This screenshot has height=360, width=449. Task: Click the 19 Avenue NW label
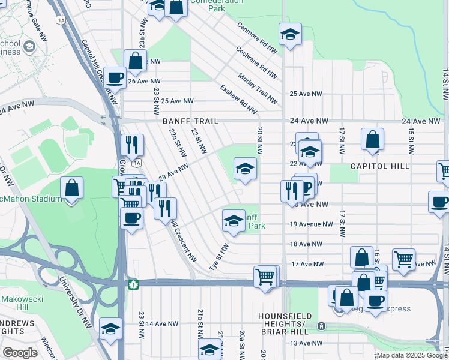[x=311, y=224]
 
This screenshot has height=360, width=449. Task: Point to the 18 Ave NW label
[x=306, y=244]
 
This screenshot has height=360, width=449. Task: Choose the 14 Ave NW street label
[x=162, y=323]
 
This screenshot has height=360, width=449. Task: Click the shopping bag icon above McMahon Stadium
[x=71, y=188]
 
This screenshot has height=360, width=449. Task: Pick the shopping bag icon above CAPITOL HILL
[x=372, y=139]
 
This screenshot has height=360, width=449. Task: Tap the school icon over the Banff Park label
[x=234, y=221]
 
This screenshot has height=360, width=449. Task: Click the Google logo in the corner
[x=20, y=353]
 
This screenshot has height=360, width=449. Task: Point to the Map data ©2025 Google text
[x=412, y=355]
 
